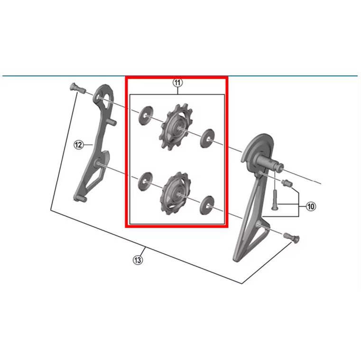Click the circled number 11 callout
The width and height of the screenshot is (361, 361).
coord(177,83)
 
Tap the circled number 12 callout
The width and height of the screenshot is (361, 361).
coord(78,145)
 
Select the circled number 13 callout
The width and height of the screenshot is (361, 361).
coord(138,260)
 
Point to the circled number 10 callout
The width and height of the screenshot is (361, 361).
coord(311,206)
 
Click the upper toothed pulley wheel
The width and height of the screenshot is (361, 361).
coord(176,127)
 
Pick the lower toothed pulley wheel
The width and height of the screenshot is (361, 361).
coord(174,194)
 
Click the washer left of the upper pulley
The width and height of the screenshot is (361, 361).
coord(146,116)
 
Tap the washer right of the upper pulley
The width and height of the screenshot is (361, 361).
coord(207,138)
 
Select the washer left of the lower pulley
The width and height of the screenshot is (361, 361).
coord(145,181)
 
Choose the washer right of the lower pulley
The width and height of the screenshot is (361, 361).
coord(207,204)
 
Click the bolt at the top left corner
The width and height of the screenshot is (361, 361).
coord(77,89)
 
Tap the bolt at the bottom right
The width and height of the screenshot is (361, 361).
coord(292,237)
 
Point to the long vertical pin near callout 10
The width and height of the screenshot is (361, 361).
coord(274,199)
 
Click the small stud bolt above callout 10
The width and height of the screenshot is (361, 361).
coord(287,183)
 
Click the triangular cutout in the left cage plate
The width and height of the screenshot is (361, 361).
coord(92,182)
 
